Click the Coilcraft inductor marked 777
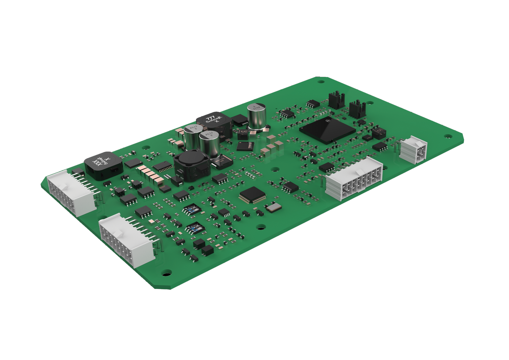(x=214, y=122)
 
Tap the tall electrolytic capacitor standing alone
(x=256, y=117)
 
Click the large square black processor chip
(x=327, y=130)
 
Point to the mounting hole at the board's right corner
(x=448, y=136)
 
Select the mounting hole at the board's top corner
(x=321, y=82)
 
